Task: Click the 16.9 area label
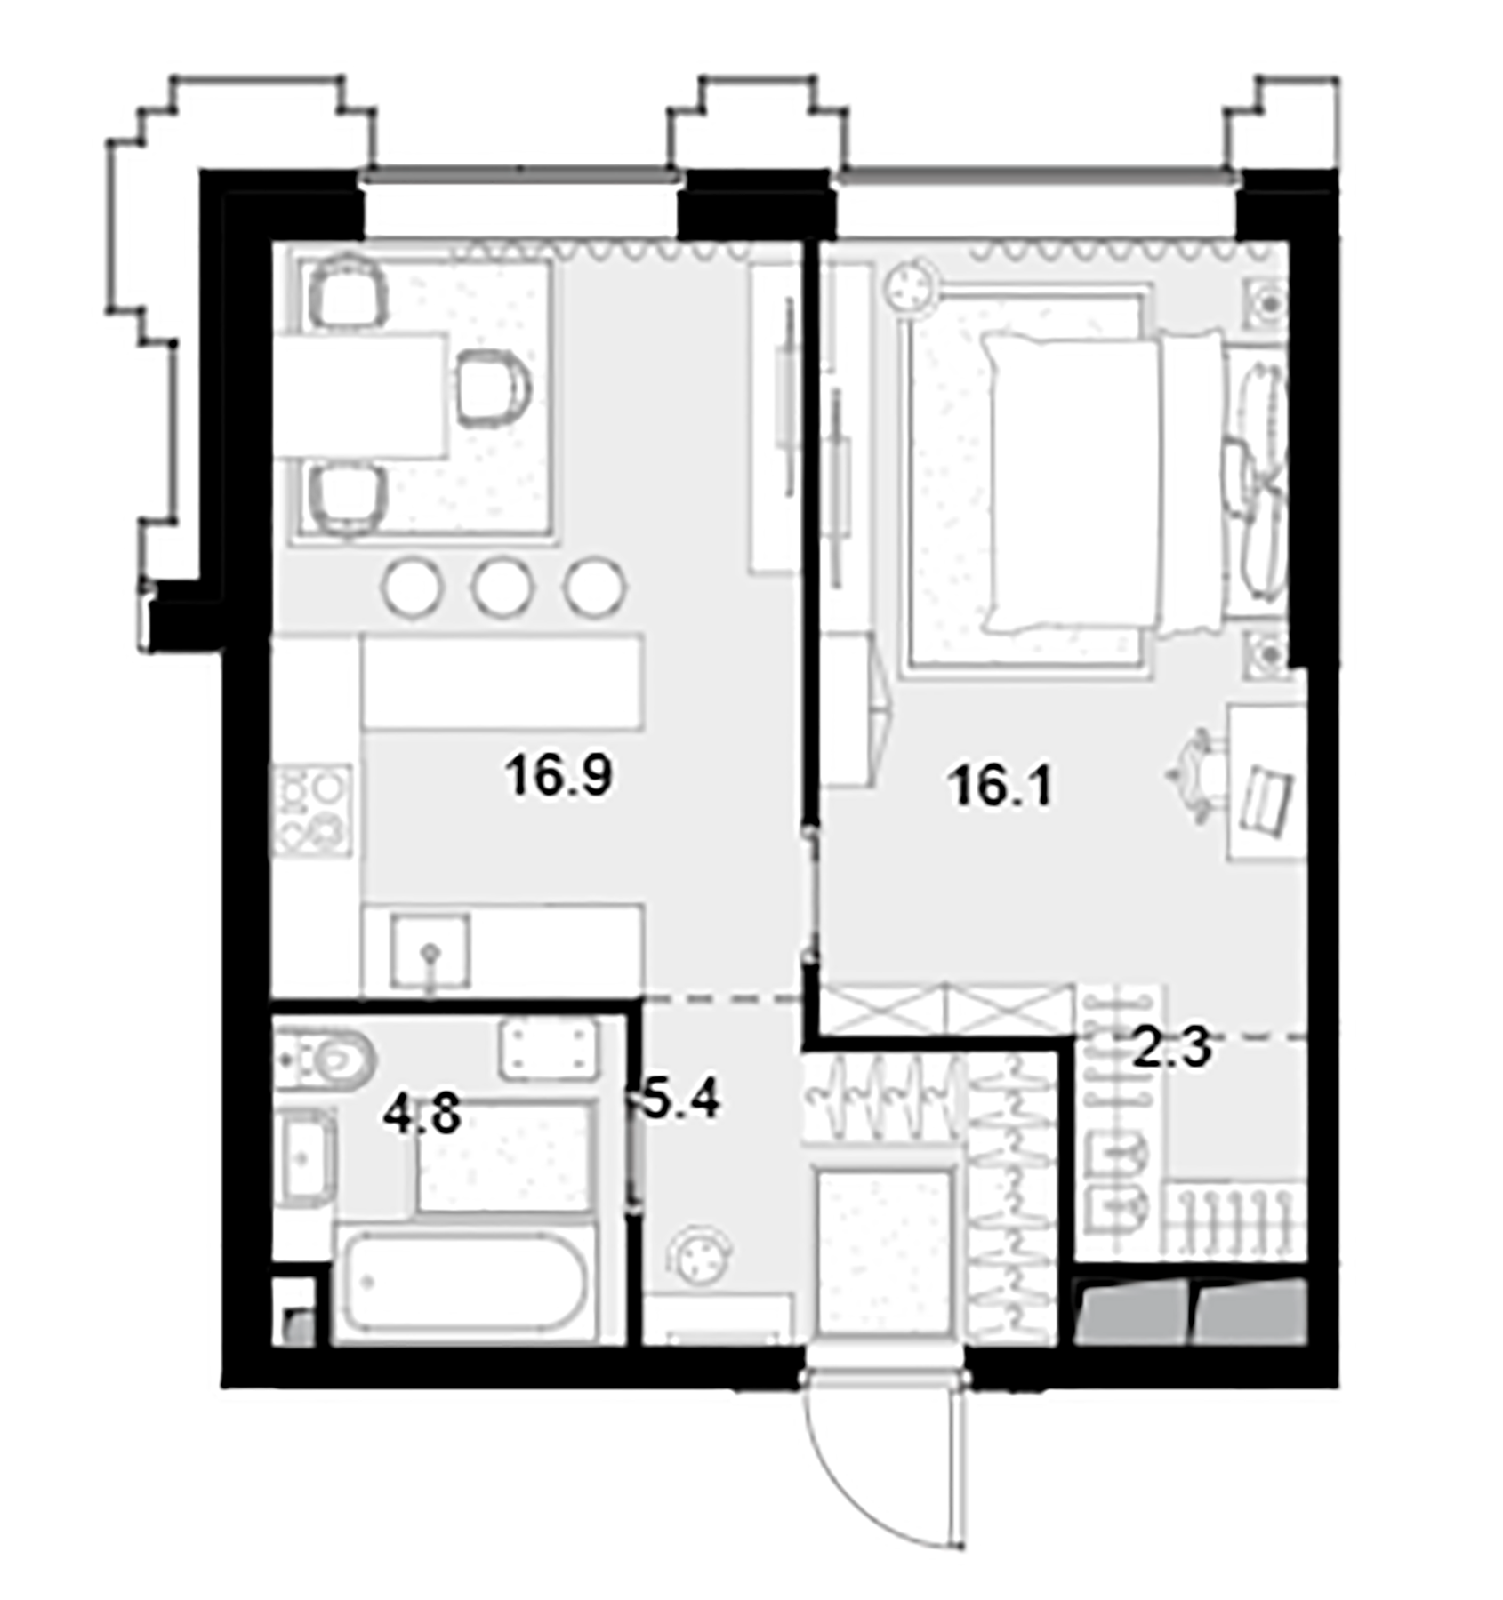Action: [559, 775]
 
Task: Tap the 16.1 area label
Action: [1001, 787]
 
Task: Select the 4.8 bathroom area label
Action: [422, 1115]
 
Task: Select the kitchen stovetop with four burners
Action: [311, 810]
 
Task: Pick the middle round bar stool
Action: [502, 586]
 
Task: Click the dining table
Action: [360, 396]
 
